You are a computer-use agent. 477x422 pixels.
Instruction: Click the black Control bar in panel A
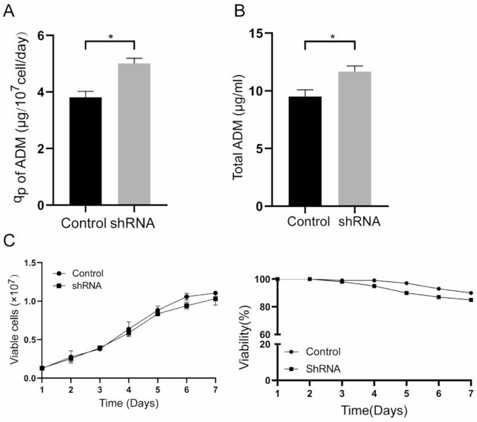pyautogui.click(x=85, y=150)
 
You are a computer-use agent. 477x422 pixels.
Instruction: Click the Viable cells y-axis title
pyautogui.click(x=14, y=320)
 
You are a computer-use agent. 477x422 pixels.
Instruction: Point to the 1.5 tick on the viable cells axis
pyautogui.click(x=31, y=263)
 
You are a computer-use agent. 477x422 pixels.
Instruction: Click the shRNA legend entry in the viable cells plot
pyautogui.click(x=81, y=286)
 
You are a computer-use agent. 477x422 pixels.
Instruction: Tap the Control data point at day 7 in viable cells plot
pyautogui.click(x=216, y=293)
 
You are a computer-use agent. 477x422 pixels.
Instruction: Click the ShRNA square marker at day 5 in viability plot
pyautogui.click(x=407, y=293)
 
